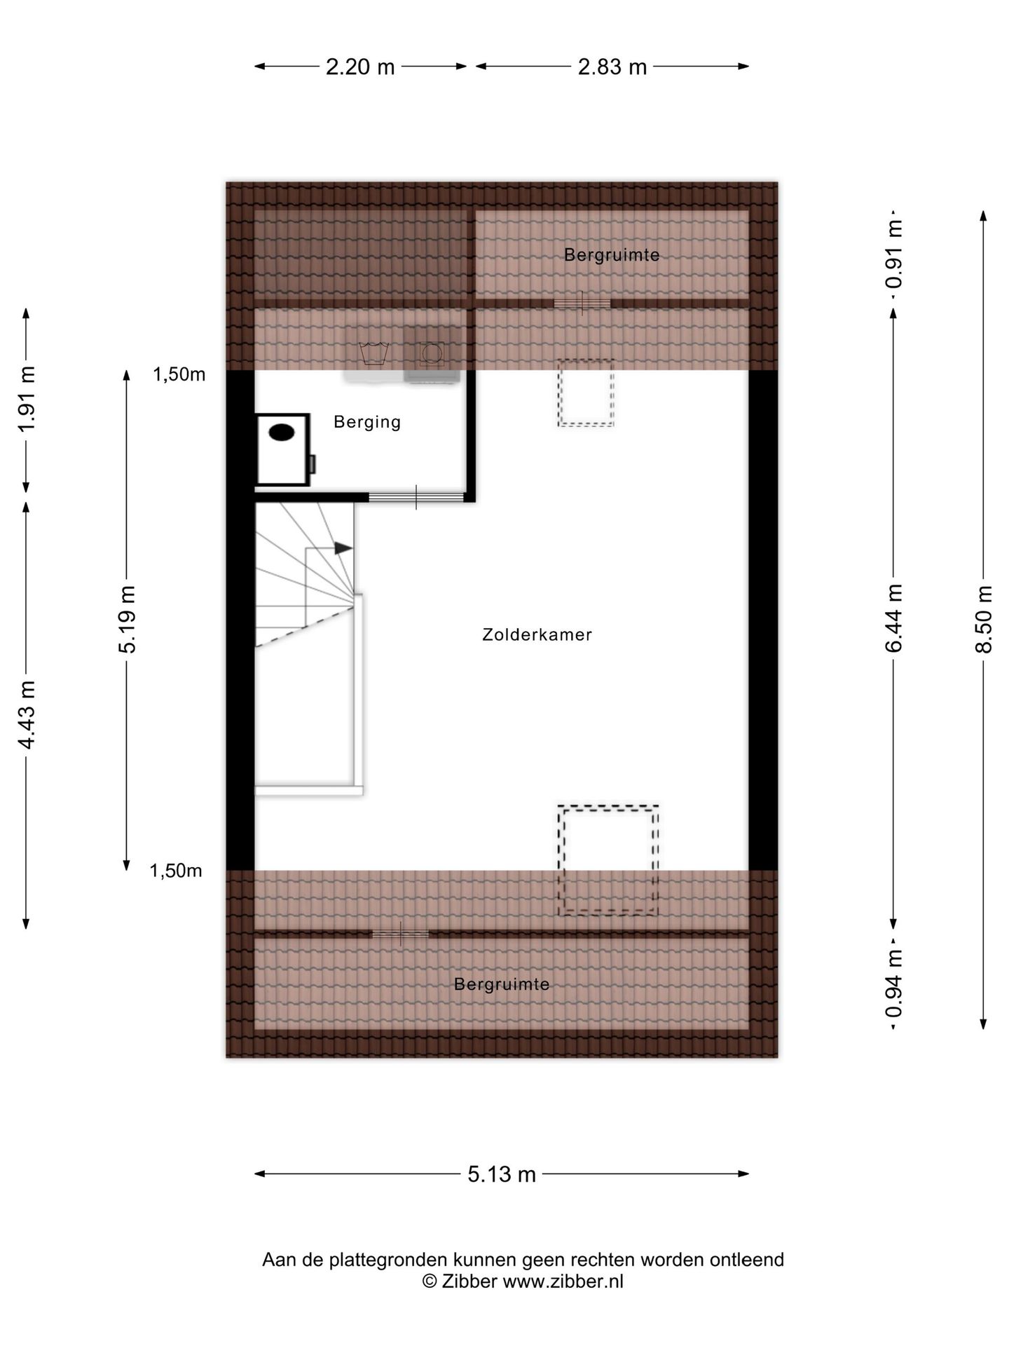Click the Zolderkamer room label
(x=537, y=634)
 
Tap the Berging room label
(x=367, y=421)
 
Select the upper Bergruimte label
(x=612, y=254)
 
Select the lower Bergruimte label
(x=502, y=984)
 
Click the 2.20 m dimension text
(x=360, y=67)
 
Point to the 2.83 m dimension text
(x=612, y=67)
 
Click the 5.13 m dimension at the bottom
(x=502, y=1174)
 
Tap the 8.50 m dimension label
(x=983, y=619)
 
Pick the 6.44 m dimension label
(x=893, y=619)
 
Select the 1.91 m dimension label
(x=27, y=400)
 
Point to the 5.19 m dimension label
(x=127, y=619)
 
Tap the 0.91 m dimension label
(x=893, y=254)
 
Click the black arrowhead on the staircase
(x=343, y=548)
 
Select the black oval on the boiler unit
(x=282, y=433)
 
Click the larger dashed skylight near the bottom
(x=608, y=859)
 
